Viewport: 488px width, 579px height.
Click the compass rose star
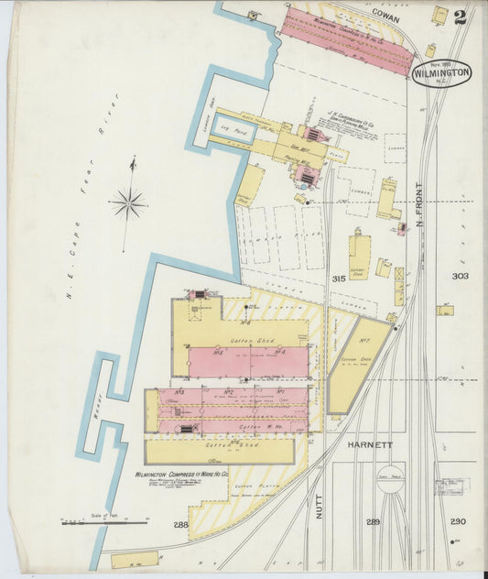(x=128, y=202)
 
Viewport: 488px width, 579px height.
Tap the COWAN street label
(x=389, y=15)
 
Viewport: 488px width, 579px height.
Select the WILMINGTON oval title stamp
(x=441, y=72)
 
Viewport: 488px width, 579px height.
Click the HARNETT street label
(x=369, y=445)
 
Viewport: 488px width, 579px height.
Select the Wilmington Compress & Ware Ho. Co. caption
(x=181, y=475)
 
